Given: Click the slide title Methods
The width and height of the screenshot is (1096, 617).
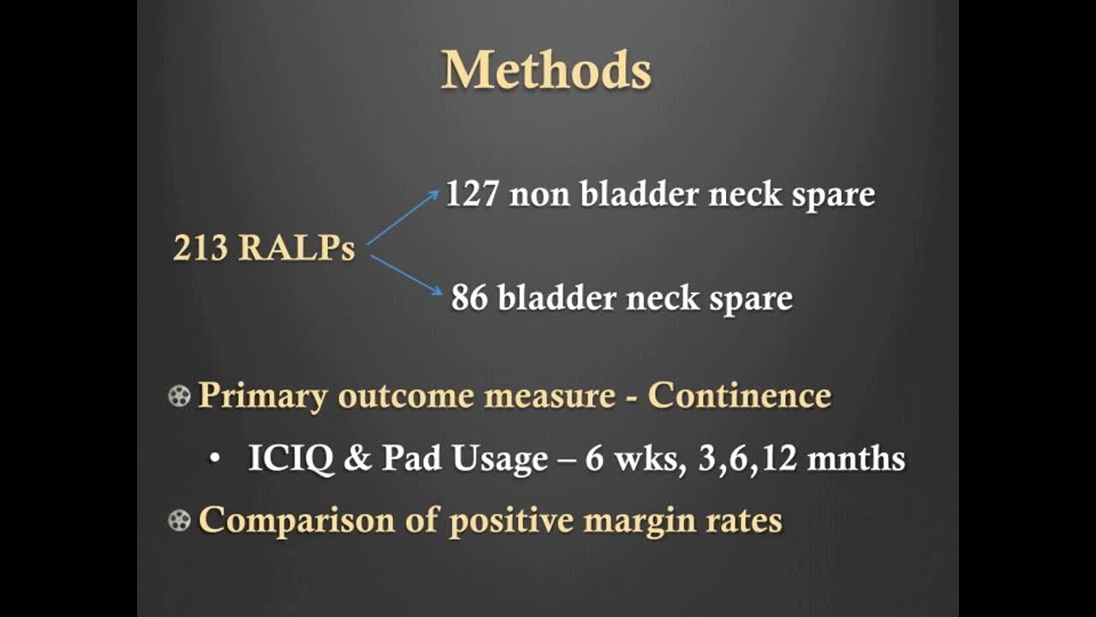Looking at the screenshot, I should (546, 70).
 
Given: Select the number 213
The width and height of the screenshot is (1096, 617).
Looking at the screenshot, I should (200, 249).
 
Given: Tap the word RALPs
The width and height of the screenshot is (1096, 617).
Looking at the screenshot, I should (296, 249).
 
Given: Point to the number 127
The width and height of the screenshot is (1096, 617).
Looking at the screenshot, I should (472, 195).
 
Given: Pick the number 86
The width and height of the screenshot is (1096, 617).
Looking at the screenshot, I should (469, 298).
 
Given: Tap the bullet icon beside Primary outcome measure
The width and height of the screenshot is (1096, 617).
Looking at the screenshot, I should (179, 396).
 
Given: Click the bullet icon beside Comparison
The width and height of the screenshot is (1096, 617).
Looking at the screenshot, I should (179, 520).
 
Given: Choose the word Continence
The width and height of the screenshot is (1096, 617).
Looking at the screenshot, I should (739, 396).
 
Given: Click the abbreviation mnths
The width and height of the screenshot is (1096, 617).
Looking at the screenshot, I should (856, 459).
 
